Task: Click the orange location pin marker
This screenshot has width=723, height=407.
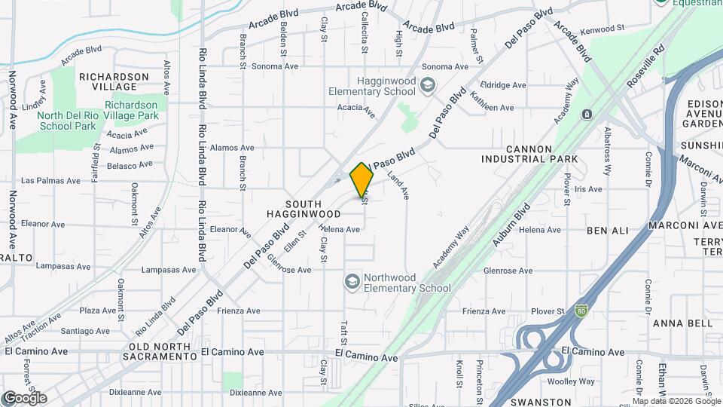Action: click(362, 179)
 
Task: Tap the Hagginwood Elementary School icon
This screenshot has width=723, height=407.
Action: click(428, 85)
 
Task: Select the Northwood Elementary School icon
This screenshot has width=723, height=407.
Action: click(351, 282)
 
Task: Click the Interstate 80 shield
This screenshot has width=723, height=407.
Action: click(581, 310)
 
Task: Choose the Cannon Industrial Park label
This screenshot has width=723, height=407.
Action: click(530, 154)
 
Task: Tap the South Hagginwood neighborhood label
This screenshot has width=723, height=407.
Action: click(313, 209)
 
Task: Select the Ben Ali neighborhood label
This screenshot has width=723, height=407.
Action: click(607, 229)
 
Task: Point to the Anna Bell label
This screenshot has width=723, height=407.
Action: click(683, 323)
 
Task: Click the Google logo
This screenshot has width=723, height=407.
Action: click(24, 397)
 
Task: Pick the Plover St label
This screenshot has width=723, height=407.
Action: click(548, 311)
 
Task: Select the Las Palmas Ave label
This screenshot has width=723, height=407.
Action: click(50, 181)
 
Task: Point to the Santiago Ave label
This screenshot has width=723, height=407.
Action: click(85, 331)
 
